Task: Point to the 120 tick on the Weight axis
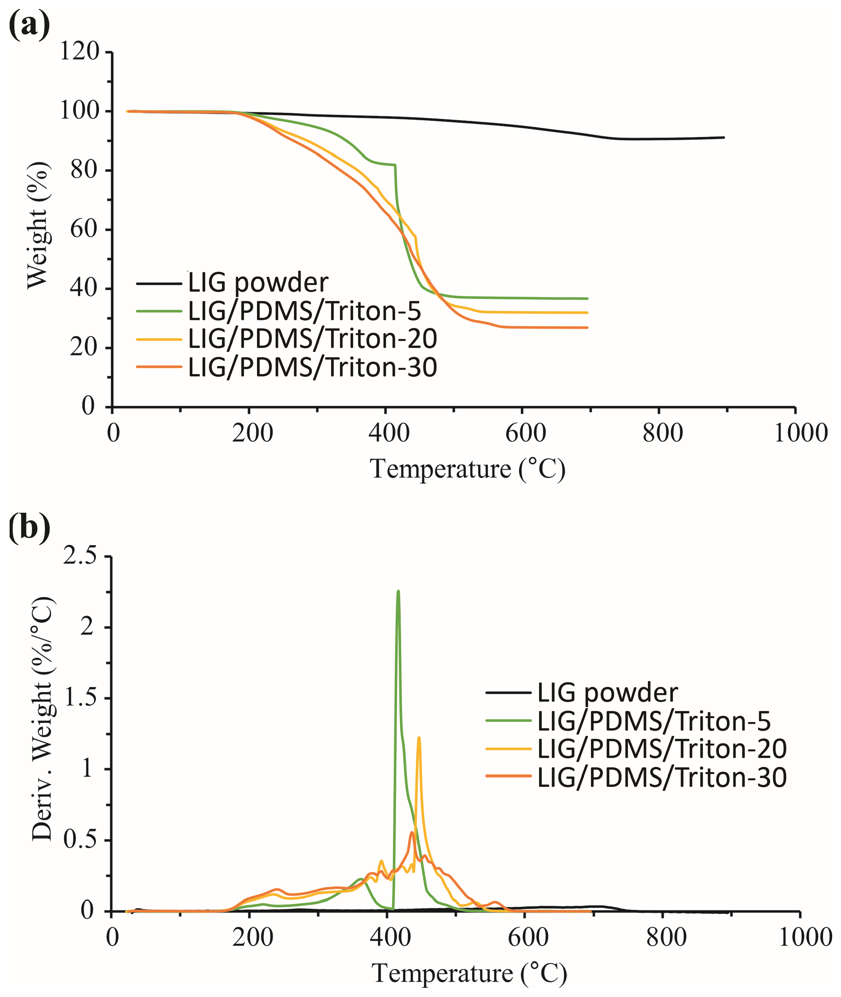pos(79,51)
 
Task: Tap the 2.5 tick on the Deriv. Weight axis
pos(80,556)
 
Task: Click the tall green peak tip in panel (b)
pos(398,591)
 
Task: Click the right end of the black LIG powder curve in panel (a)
pos(724,138)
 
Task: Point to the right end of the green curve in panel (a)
pos(587,299)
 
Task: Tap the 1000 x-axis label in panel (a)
pos(801,433)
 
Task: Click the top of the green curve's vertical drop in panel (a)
pos(395,165)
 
